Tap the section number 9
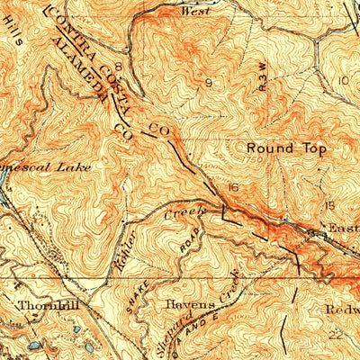[x=210, y=82]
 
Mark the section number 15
[x=330, y=205]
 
